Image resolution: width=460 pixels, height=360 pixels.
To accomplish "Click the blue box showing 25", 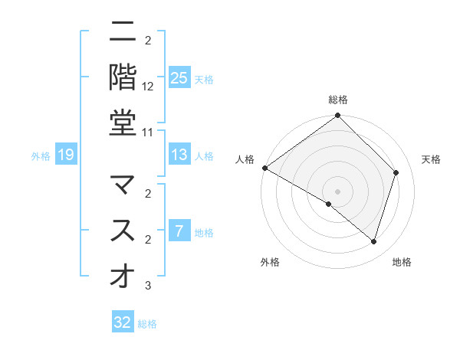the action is [179, 77].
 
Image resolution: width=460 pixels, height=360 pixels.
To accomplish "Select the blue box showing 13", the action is [179, 155].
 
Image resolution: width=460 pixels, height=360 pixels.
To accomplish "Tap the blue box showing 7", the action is [179, 231].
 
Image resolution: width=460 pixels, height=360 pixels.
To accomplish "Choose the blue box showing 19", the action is [66, 155].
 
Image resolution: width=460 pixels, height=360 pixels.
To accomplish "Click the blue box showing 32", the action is [123, 322].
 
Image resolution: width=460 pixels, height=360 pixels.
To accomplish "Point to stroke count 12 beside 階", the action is [148, 87].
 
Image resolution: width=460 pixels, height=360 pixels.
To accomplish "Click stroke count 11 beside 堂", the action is [148, 132].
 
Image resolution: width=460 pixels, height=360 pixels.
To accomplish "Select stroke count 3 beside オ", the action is [148, 286].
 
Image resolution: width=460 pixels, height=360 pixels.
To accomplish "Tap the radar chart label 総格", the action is [338, 100].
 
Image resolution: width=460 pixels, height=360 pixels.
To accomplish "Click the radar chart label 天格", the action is [431, 159].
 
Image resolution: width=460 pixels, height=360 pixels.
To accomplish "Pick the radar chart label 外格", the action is [270, 263].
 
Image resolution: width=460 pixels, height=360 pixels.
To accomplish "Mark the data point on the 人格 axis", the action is [264, 168].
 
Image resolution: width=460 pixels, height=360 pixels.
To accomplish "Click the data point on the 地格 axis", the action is [374, 242].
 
